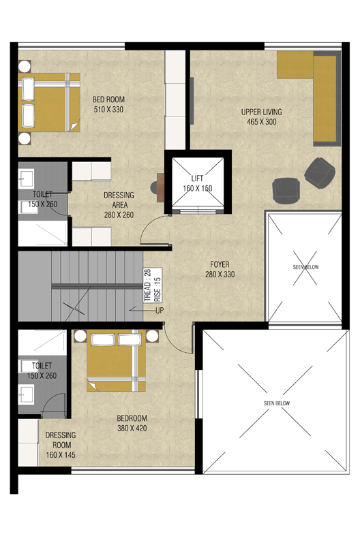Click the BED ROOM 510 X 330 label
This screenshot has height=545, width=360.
[x=108, y=104]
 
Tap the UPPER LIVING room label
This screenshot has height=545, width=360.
[x=262, y=116]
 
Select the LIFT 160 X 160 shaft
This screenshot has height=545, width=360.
[x=198, y=183]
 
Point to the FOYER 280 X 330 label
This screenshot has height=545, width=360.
[x=220, y=269]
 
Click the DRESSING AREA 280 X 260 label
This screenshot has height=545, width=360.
[x=119, y=205]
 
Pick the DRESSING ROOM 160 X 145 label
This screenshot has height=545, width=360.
[x=61, y=445]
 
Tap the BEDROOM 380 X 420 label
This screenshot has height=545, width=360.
[x=132, y=423]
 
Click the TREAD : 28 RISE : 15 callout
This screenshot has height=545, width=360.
[x=153, y=285]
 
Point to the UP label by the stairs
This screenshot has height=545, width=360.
[x=160, y=311]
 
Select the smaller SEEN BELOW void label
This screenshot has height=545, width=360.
[x=305, y=267]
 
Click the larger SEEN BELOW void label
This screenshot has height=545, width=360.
[x=277, y=403]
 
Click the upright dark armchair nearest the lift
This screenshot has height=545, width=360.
[x=286, y=191]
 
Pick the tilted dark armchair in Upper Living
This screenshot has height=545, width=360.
[x=320, y=173]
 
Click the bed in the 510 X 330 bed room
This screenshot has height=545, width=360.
[x=49, y=102]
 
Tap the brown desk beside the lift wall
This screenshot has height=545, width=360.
[x=160, y=188]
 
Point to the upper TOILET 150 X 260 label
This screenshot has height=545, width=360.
[x=42, y=199]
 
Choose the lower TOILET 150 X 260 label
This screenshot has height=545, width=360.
[x=42, y=371]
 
